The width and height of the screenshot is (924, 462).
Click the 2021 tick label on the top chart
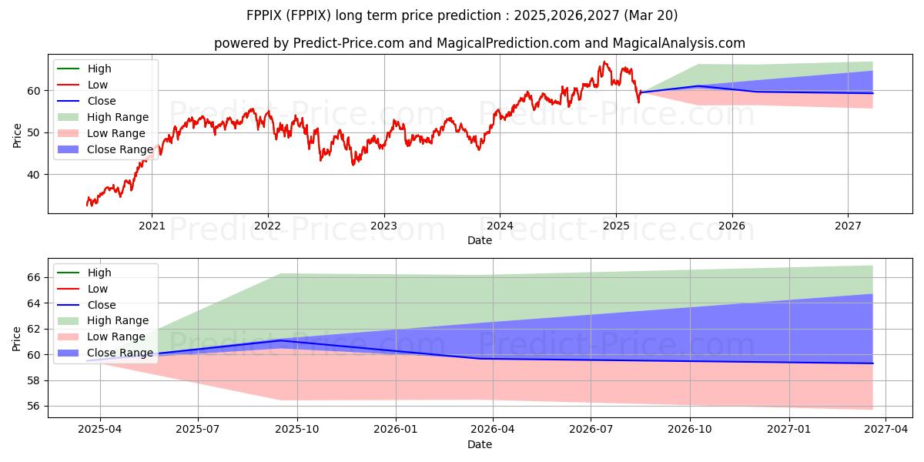152,226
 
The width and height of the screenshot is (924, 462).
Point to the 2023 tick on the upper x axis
384,226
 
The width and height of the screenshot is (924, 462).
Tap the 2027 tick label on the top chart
848,226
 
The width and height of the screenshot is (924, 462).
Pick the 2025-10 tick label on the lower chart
297,430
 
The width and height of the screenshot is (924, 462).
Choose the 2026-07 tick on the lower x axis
591,430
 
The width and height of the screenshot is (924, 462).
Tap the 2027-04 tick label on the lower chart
885,430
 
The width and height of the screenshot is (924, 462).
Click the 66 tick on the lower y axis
34,277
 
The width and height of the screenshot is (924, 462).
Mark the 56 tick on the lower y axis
34,407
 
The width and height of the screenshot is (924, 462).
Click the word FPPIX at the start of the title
264,15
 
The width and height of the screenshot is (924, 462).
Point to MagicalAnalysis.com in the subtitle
679,43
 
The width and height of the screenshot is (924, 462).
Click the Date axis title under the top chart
479,240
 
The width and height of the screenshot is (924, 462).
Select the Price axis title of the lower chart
16,339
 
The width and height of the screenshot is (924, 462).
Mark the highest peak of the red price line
604,62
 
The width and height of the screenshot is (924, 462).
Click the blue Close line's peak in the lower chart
281,340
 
